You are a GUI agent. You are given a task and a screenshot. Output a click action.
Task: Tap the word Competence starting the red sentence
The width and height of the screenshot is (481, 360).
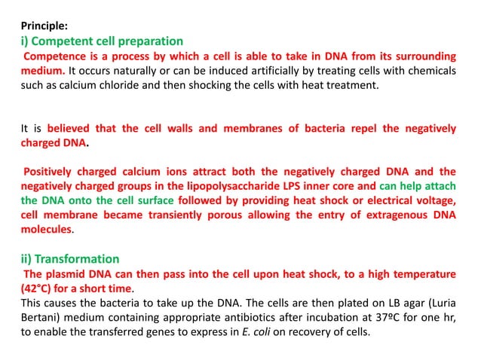click(x=57, y=56)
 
